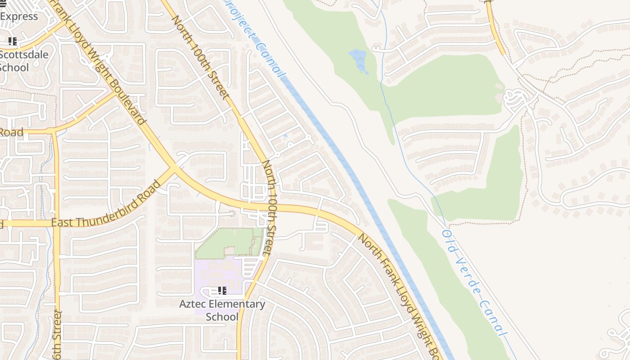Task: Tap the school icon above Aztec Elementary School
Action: point(222,291)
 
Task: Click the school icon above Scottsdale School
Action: point(13,41)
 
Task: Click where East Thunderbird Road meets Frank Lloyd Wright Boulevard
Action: point(174,168)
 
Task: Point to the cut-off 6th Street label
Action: point(56,335)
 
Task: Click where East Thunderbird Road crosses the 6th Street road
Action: point(56,223)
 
